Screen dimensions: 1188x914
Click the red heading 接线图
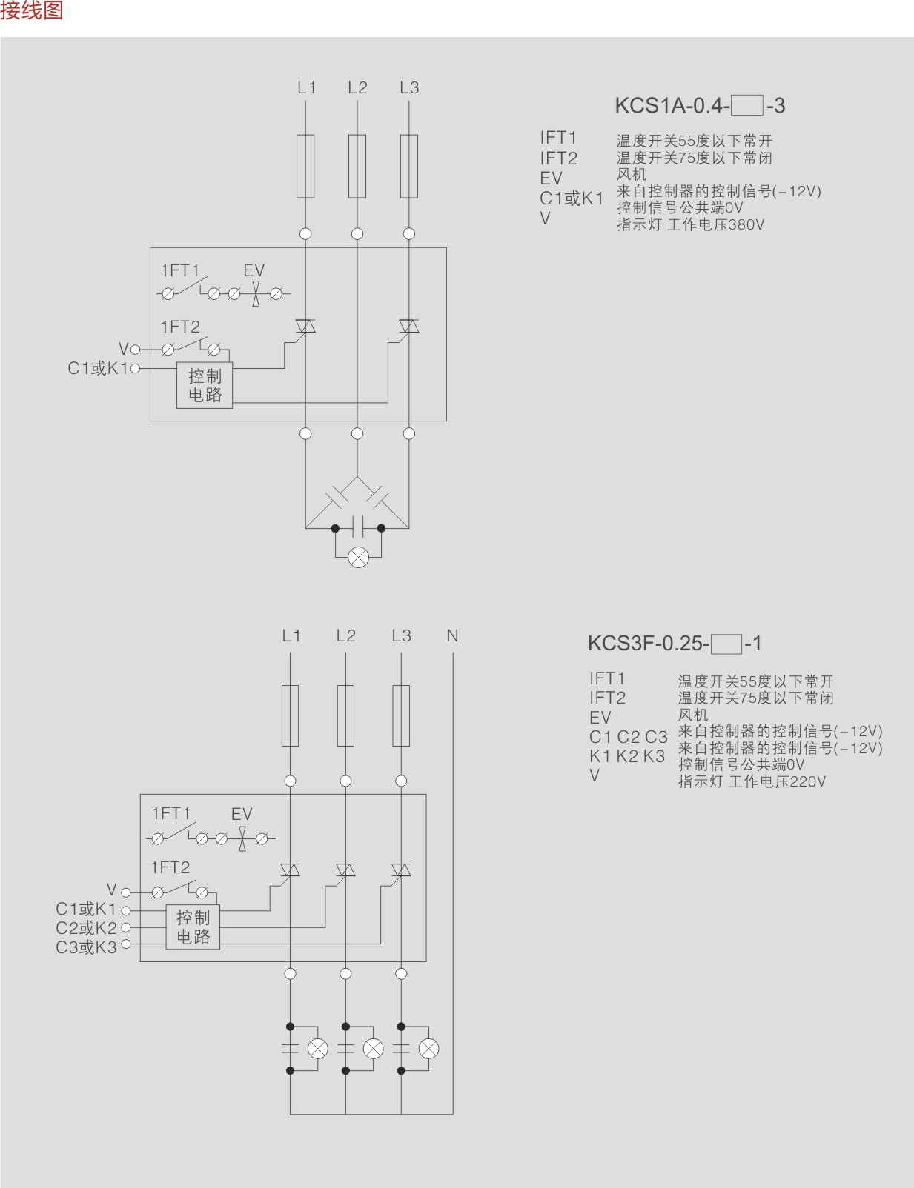(32, 10)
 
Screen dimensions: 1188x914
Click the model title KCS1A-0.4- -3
(699, 106)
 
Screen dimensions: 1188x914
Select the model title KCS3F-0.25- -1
(674, 643)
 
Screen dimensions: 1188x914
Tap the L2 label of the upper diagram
(357, 87)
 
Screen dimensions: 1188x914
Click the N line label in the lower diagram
(452, 635)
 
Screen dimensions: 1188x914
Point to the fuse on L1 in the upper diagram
(305, 166)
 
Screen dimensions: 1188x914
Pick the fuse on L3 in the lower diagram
(401, 715)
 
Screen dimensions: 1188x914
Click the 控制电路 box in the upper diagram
(205, 385)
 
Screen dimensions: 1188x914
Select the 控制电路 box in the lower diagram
(193, 927)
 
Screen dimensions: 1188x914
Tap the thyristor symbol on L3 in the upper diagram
(409, 326)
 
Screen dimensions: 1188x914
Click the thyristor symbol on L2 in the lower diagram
(345, 870)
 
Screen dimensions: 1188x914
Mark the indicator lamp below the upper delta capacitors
(358, 557)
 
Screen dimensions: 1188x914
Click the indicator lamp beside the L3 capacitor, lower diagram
(428, 1049)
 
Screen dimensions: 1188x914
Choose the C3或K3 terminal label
(86, 947)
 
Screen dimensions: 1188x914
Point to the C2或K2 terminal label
(86, 928)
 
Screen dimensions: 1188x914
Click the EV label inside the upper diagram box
(254, 270)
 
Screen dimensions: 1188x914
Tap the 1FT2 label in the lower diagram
(170, 867)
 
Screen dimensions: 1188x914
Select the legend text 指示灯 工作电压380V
(690, 224)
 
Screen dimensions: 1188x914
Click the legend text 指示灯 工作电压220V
(752, 781)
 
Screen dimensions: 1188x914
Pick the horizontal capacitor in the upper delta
(358, 527)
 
